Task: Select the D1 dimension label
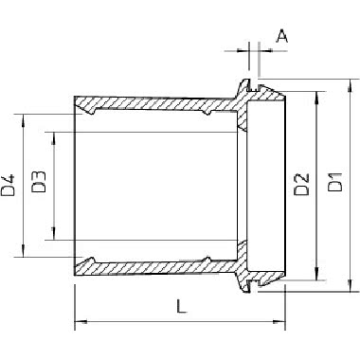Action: pyautogui.click(x=334, y=182)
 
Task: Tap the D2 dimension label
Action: pyautogui.click(x=301, y=185)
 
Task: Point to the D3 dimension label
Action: pyautogui.click(x=39, y=182)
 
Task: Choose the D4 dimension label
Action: pyautogui.click(x=8, y=185)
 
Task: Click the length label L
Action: pyautogui.click(x=181, y=306)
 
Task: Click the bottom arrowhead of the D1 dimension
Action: pyautogui.click(x=350, y=285)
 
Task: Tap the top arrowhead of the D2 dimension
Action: pyautogui.click(x=316, y=99)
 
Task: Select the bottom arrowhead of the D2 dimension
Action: pyautogui.click(x=316, y=273)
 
